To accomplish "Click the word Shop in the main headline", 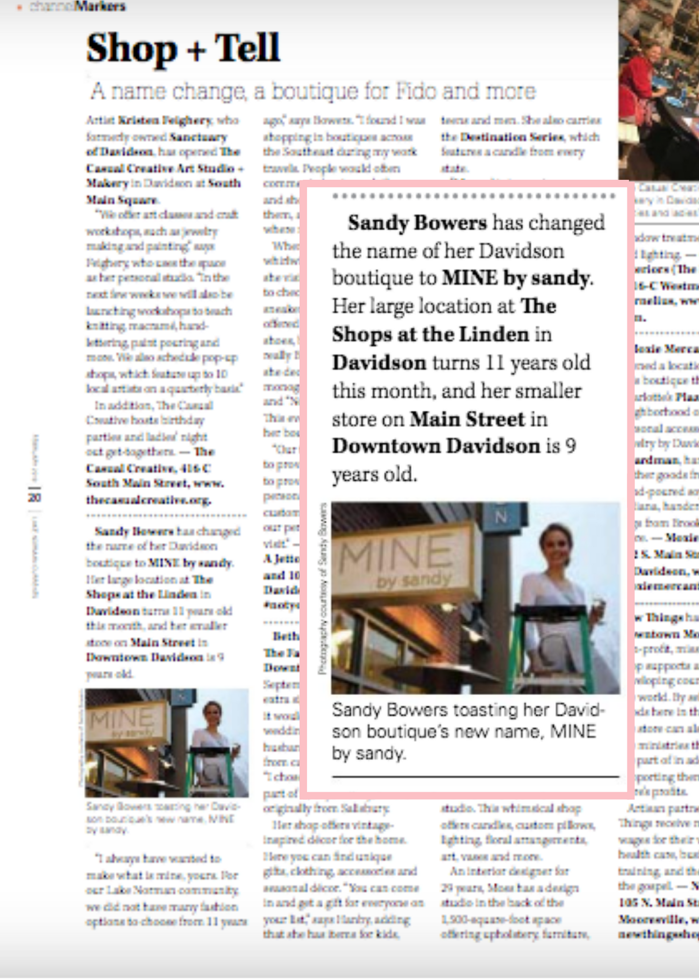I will pyautogui.click(x=131, y=49).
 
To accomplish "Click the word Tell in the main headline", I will pyautogui.click(x=247, y=48).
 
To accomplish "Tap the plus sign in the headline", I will pyautogui.click(x=196, y=50).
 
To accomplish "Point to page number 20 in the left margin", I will pyautogui.click(x=34, y=497).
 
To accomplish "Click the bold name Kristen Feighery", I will pyautogui.click(x=165, y=120).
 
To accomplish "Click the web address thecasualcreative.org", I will pyautogui.click(x=149, y=500).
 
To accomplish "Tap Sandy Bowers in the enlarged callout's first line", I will pyautogui.click(x=417, y=223).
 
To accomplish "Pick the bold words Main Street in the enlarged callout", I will pyautogui.click(x=467, y=419).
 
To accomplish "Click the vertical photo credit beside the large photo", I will pyautogui.click(x=323, y=587).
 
